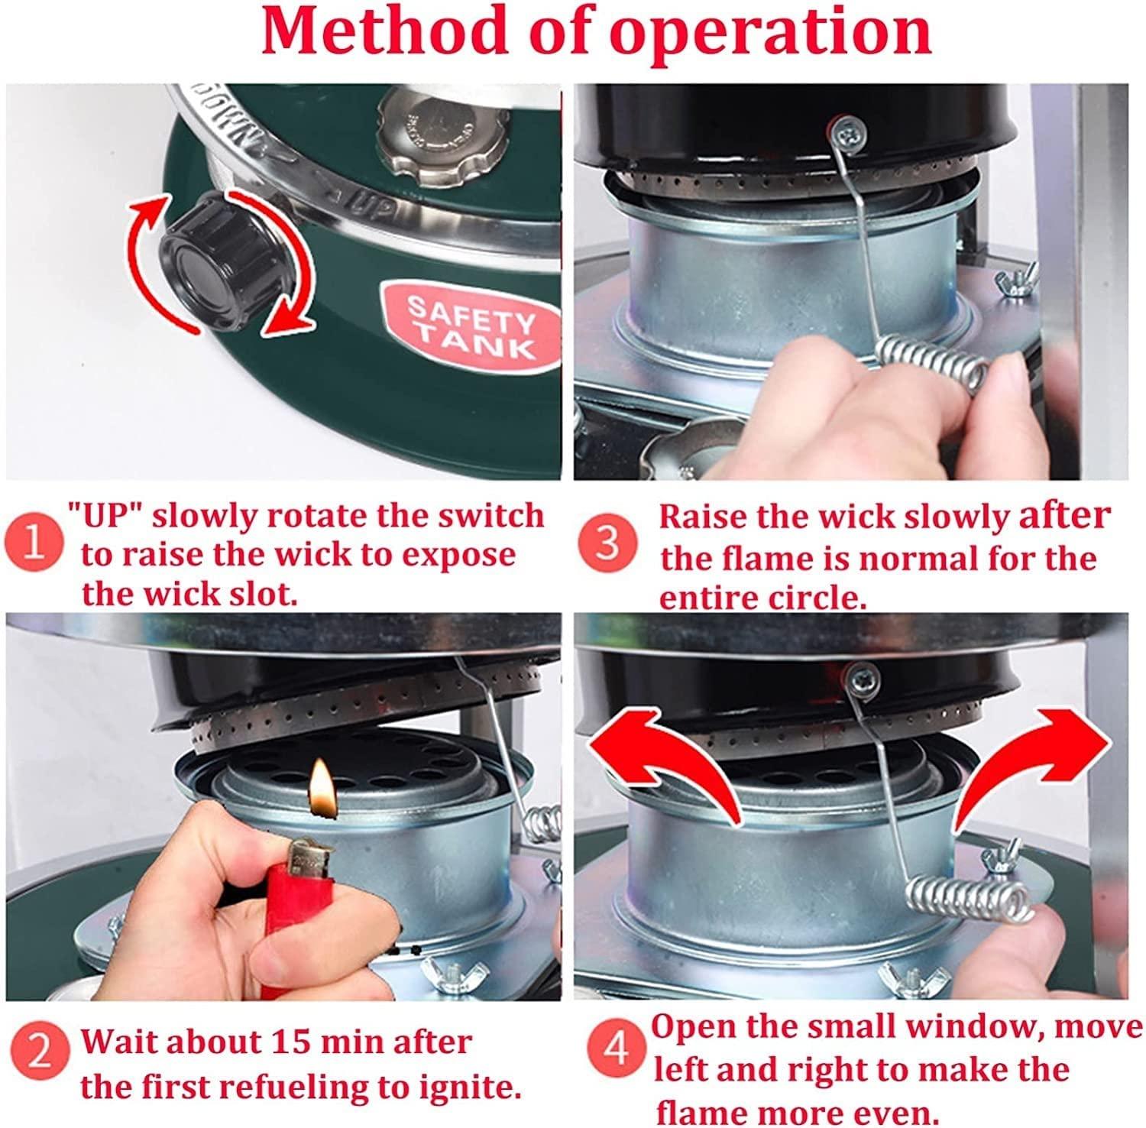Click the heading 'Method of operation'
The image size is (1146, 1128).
596,32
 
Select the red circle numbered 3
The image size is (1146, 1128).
607,544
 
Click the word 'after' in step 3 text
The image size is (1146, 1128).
1067,517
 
